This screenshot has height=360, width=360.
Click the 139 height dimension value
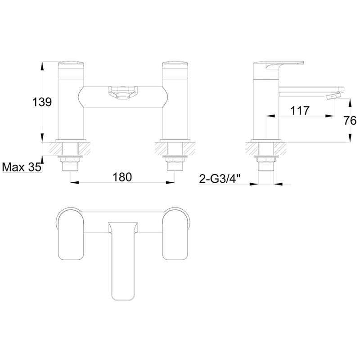(x=42, y=102)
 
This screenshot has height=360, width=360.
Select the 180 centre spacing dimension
(x=122, y=177)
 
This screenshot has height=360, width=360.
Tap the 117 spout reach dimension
(x=300, y=110)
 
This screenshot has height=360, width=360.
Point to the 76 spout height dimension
(x=351, y=120)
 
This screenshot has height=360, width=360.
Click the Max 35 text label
(x=21, y=167)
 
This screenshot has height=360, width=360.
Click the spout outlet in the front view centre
(x=121, y=94)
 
